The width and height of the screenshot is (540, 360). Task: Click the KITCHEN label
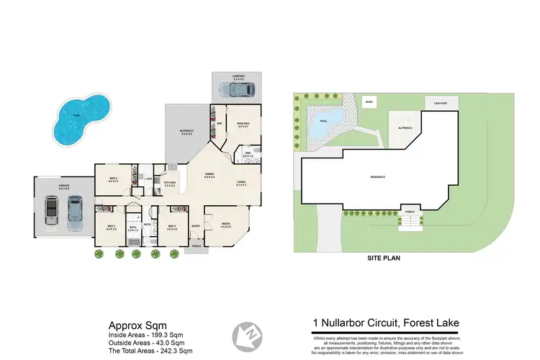[x=171, y=184]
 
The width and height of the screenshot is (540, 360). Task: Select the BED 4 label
[x=113, y=179]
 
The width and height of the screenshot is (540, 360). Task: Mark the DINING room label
[x=210, y=175]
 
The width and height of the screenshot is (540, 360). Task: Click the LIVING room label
[x=242, y=183]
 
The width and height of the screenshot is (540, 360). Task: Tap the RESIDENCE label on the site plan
[x=377, y=177]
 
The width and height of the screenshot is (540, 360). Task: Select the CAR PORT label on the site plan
[x=441, y=103]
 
